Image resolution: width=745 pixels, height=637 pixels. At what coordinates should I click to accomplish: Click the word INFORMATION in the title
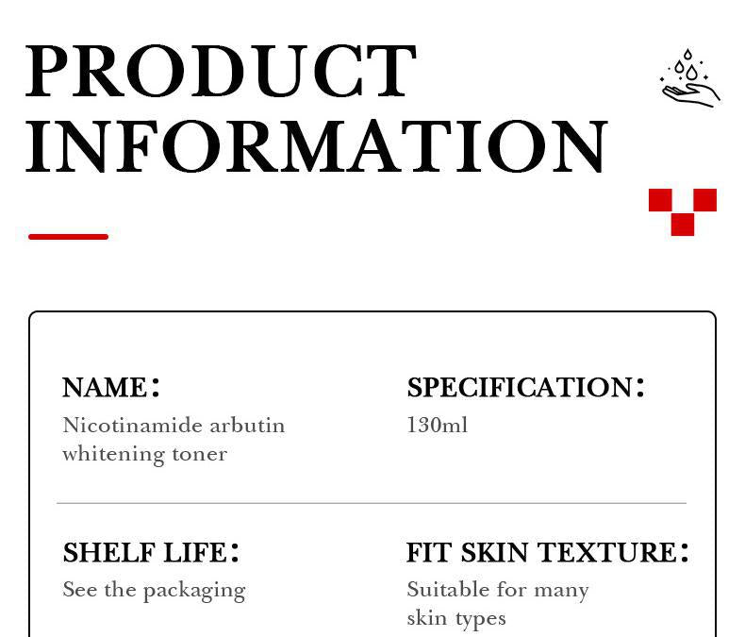point(317,147)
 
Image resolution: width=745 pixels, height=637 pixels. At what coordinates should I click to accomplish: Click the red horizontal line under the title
point(68,236)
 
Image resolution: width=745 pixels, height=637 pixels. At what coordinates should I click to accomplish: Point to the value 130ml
point(437,426)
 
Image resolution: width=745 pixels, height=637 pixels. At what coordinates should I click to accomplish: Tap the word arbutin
point(247,426)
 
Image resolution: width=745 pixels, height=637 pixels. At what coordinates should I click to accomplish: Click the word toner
point(199,454)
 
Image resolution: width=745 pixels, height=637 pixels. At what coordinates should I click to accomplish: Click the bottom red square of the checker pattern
point(683,225)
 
